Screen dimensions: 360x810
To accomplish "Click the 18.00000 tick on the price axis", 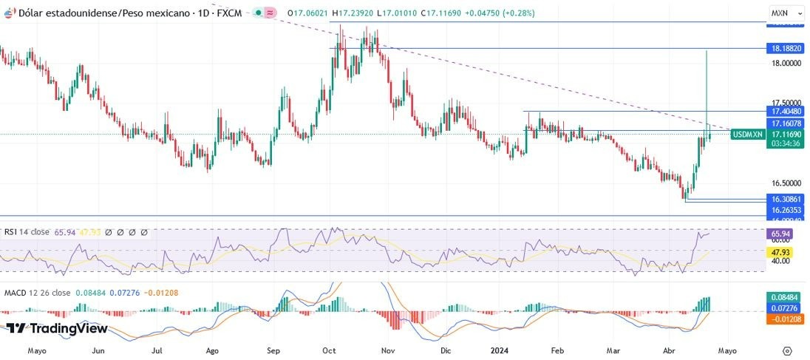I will pos(786,64).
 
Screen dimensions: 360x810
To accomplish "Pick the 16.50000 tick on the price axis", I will pos(786,183).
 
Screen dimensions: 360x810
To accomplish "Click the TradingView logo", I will pos(58,328).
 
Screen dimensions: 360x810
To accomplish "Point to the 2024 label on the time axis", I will pos(500,350).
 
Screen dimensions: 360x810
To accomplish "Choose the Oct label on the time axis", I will pos(330,350).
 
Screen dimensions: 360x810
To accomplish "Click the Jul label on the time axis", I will pos(157,350).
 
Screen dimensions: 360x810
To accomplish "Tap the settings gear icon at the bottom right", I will pos(787,350).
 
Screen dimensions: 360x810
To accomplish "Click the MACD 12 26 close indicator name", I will pos(38,293).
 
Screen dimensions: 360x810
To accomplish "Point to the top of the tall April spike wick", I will pos(707,51).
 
